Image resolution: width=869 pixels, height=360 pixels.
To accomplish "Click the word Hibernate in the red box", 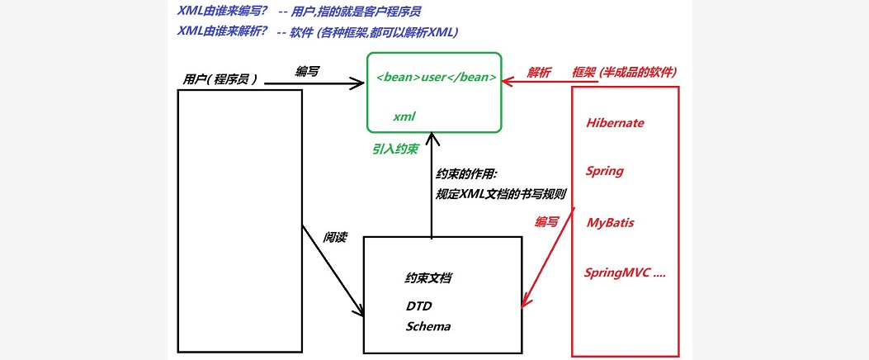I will click(x=615, y=123).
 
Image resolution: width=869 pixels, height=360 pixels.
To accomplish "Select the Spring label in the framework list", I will click(x=604, y=172).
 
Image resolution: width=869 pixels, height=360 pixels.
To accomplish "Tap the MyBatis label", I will click(x=610, y=223).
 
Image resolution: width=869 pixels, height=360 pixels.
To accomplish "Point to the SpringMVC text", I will click(x=624, y=272).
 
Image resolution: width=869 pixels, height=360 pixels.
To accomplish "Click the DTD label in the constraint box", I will click(x=418, y=306).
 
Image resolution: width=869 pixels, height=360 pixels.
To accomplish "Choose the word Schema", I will click(x=428, y=326).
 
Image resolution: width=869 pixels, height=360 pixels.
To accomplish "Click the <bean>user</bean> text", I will click(x=436, y=78).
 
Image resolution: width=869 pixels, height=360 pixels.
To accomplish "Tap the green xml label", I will click(x=404, y=117).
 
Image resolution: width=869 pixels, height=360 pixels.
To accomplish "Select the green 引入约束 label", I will click(x=394, y=149).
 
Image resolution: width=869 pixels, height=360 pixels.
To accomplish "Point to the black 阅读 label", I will click(x=334, y=238).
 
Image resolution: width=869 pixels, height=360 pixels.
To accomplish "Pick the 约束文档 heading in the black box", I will click(x=427, y=279).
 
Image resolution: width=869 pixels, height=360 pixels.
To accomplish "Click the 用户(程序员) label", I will click(x=220, y=79).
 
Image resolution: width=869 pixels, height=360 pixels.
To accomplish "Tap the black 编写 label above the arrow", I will click(x=307, y=72).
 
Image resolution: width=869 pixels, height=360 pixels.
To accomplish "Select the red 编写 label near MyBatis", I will click(x=546, y=222).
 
